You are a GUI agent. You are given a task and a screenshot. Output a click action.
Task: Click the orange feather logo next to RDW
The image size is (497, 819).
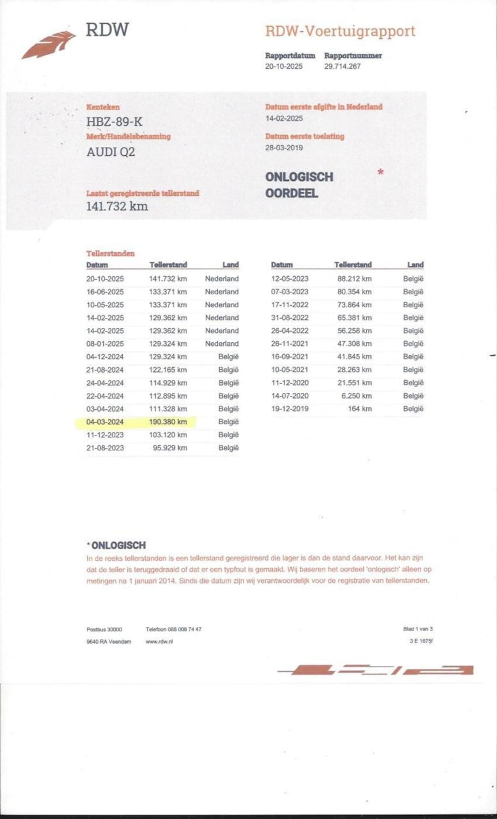coord(49,44)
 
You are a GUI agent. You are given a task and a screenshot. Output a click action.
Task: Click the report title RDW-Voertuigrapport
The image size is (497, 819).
coord(340,31)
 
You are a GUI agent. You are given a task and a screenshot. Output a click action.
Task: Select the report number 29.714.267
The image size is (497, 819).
coord(342,66)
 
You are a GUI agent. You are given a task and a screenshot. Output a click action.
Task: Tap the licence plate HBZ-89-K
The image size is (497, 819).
coord(114,122)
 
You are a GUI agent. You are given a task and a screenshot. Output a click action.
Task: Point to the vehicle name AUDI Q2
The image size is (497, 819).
coord(111,152)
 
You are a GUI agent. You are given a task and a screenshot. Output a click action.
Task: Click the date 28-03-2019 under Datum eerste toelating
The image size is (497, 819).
coord(284,148)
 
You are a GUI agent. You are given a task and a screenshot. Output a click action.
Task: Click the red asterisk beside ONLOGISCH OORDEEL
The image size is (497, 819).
coord(381,172)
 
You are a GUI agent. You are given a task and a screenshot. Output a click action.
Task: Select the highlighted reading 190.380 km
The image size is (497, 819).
coord(168,422)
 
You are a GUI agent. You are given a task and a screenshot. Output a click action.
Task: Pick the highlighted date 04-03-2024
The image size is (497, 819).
coord(105,422)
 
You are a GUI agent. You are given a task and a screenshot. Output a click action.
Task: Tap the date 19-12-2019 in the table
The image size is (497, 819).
coord(290,409)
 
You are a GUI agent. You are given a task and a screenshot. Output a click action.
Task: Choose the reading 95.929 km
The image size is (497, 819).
coord(170,448)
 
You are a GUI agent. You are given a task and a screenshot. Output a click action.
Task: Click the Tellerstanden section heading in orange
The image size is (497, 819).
coord(110,254)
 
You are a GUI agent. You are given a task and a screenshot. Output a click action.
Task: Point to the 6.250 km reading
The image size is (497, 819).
coord(356,396)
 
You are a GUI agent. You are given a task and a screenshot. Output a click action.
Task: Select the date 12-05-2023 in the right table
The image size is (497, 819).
coord(290,279)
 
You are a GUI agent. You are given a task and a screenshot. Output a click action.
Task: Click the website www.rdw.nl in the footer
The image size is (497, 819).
coord(159,642)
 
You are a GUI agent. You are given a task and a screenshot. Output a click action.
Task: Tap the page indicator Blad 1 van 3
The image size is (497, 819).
coord(418,629)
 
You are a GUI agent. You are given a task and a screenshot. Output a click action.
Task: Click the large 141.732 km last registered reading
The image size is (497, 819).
coord(117,206)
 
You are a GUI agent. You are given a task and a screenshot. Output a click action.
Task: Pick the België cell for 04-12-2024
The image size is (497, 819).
coord(228,356)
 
